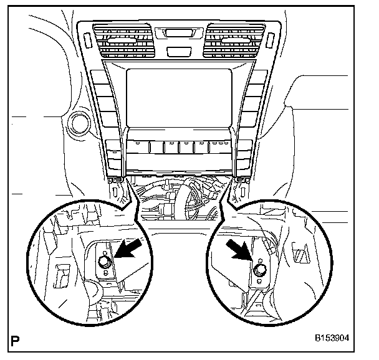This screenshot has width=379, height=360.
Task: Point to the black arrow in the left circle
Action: coord(128,255)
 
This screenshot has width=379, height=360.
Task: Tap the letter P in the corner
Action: coord(16,340)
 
